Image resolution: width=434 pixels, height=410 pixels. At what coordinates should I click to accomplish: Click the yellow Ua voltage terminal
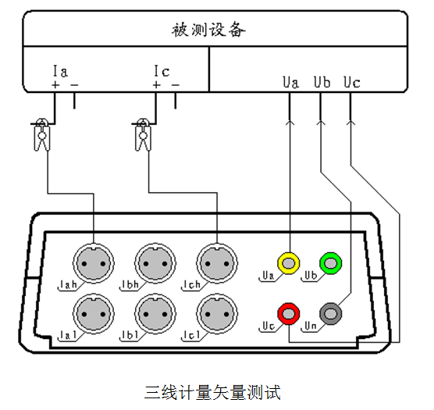(288, 262)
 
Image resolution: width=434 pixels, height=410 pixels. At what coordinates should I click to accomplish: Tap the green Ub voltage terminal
(331, 262)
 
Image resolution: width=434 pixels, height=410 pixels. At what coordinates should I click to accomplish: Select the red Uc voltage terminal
(288, 314)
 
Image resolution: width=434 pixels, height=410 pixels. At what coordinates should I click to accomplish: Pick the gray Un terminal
(331, 314)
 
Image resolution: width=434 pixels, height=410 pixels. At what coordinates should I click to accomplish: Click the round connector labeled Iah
(94, 263)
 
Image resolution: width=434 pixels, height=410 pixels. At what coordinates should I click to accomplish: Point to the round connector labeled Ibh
(155, 263)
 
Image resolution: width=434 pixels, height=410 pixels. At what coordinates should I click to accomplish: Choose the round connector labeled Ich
(217, 263)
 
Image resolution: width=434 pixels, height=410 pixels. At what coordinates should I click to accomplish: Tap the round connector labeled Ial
(94, 314)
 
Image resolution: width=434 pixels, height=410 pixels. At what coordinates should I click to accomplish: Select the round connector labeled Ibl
(155, 314)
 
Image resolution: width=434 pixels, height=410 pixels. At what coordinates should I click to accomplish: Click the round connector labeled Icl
(217, 314)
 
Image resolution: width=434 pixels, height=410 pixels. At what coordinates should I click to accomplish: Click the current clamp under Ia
(42, 135)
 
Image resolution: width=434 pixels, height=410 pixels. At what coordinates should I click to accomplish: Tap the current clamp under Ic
(143, 135)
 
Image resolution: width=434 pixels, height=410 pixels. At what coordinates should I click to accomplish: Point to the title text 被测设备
(208, 30)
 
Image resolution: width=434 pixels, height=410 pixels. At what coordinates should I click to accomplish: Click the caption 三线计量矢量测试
(212, 392)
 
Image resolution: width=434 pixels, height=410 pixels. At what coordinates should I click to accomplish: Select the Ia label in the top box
(60, 71)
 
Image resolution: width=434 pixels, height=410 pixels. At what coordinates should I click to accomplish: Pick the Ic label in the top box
(162, 71)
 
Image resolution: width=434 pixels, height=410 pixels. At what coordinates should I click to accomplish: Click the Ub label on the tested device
(322, 82)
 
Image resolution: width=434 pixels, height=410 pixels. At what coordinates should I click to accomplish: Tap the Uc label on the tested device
(352, 82)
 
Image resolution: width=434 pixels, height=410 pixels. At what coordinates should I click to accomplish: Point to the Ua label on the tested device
(290, 82)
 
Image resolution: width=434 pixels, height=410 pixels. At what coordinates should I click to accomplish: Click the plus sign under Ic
(156, 84)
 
